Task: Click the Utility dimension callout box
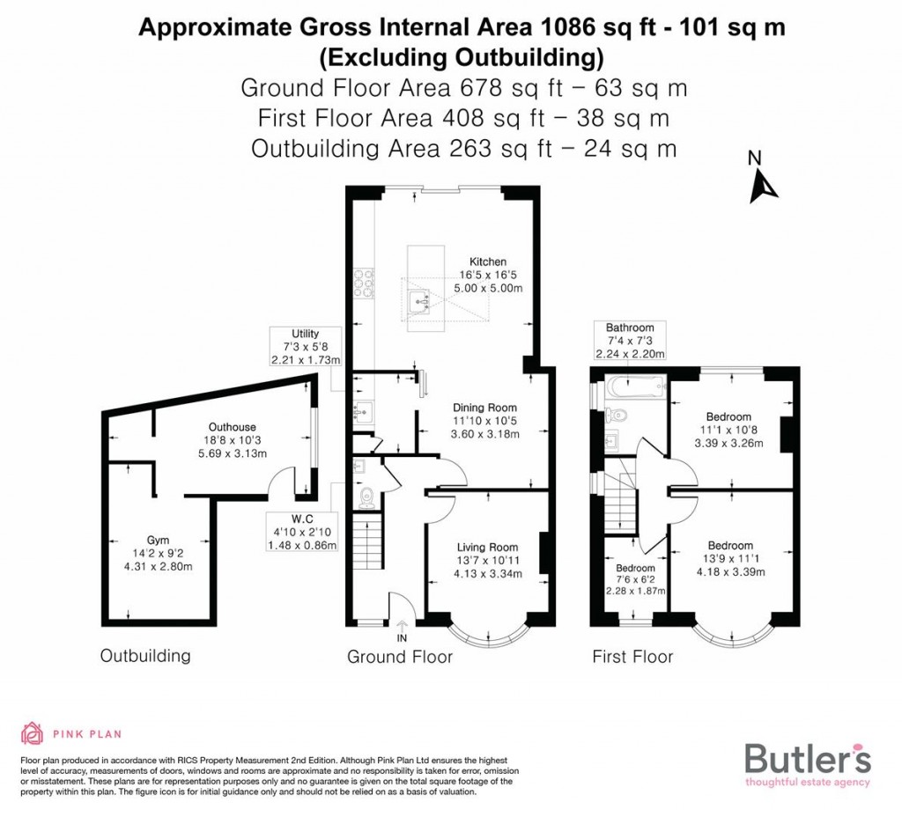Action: (306, 347)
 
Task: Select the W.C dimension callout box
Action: (301, 532)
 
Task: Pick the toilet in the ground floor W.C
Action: (366, 498)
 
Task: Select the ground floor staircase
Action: (368, 542)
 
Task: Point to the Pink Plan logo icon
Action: (32, 733)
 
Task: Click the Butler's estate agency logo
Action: (808, 761)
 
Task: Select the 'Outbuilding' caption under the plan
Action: (144, 656)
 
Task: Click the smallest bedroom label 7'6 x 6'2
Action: (635, 578)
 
